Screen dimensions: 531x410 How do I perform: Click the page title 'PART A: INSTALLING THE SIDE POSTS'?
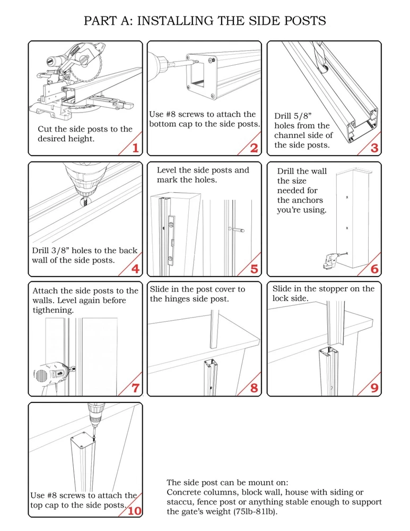pos(205,21)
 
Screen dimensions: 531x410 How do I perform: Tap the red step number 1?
pos(135,148)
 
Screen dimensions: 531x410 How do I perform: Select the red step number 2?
pos(254,148)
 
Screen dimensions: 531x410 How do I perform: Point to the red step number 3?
pos(374,148)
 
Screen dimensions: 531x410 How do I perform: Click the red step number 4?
pos(135,269)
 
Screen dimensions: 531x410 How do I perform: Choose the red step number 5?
pos(254,269)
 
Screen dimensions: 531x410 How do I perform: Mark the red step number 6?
pos(374,269)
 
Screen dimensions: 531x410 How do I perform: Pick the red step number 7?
pos(135,388)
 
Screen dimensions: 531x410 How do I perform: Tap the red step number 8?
pos(254,388)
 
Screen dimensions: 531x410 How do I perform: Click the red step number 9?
pos(374,388)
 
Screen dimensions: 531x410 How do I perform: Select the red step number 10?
pos(134,511)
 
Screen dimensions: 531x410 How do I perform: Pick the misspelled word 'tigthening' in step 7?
pos(53,310)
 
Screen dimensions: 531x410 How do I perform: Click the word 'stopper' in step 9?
pos(334,289)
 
